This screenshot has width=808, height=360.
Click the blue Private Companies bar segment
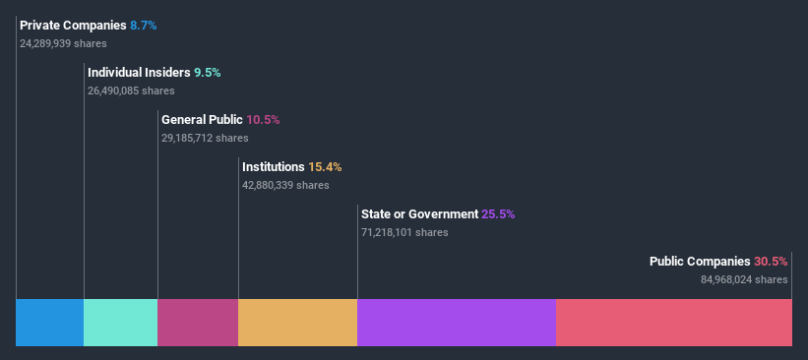(x=49, y=323)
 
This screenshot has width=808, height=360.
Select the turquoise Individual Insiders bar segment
(x=120, y=323)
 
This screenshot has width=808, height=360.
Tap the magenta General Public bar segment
(x=198, y=323)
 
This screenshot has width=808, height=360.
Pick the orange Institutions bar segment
(x=297, y=323)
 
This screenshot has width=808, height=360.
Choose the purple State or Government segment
(x=457, y=323)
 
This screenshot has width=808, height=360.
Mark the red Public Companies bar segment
(x=674, y=323)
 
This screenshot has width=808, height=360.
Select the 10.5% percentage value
(x=263, y=119)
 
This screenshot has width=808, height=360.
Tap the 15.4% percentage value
(x=325, y=167)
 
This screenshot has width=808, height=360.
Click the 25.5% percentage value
(x=498, y=214)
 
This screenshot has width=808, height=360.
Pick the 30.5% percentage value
(x=771, y=262)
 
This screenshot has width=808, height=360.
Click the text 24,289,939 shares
(x=63, y=43)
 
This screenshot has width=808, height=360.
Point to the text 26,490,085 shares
(x=131, y=90)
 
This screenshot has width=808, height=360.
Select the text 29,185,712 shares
(x=205, y=138)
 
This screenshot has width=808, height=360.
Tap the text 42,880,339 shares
(x=285, y=185)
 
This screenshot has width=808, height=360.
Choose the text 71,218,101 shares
(x=404, y=232)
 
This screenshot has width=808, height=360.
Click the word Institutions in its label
(x=273, y=167)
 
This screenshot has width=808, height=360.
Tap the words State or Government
(x=419, y=214)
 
